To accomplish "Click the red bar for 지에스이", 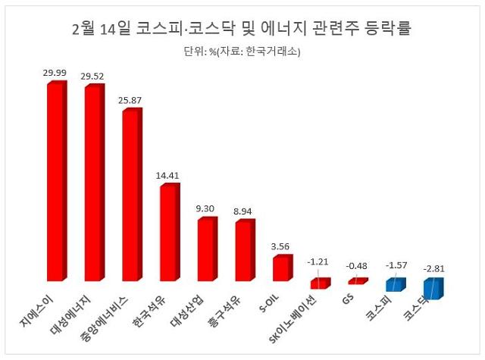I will [55, 182].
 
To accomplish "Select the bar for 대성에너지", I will [93, 184].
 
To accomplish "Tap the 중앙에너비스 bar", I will [130, 196].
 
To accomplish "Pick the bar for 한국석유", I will [168, 231].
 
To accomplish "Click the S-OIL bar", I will [281, 268].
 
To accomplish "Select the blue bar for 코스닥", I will [432, 288].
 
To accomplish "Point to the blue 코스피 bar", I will [394, 285].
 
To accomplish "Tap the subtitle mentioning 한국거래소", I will [242, 52].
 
